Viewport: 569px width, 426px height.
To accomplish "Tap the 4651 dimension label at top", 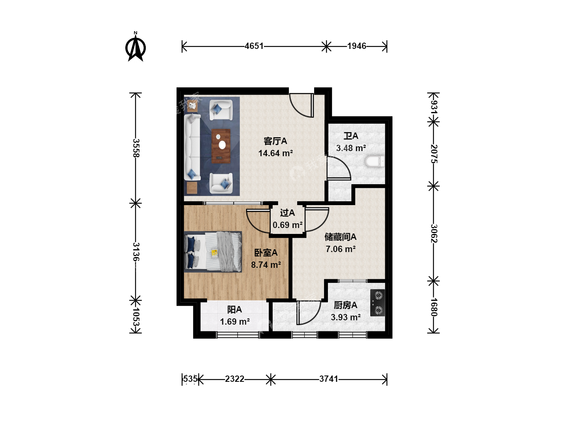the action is coord(254,46).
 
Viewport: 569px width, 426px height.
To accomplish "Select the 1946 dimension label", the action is coord(357,46).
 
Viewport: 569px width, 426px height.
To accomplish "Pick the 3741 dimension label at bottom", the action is coord(329,379).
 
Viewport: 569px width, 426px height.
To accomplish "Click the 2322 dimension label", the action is coord(235,379).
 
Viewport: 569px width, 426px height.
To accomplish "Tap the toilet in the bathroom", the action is coord(375,162).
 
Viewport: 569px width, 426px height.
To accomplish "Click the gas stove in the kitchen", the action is coord(377,303).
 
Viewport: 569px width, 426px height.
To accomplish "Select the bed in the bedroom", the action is coord(213,252).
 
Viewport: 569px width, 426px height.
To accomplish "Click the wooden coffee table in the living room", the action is coord(221,146).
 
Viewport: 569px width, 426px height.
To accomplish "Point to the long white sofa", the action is coord(192,147).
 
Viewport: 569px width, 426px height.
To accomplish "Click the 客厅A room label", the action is coord(275,141).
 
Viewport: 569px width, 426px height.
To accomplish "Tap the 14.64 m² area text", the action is coord(275,153).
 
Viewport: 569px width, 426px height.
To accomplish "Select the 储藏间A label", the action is coord(340,237).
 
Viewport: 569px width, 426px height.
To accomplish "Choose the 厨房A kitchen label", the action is coord(345,305).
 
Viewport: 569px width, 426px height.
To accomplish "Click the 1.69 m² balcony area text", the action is coord(235,321).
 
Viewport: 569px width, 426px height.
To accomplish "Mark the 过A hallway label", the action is coord(287,213).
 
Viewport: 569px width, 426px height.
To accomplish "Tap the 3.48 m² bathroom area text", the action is coord(351,148).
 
